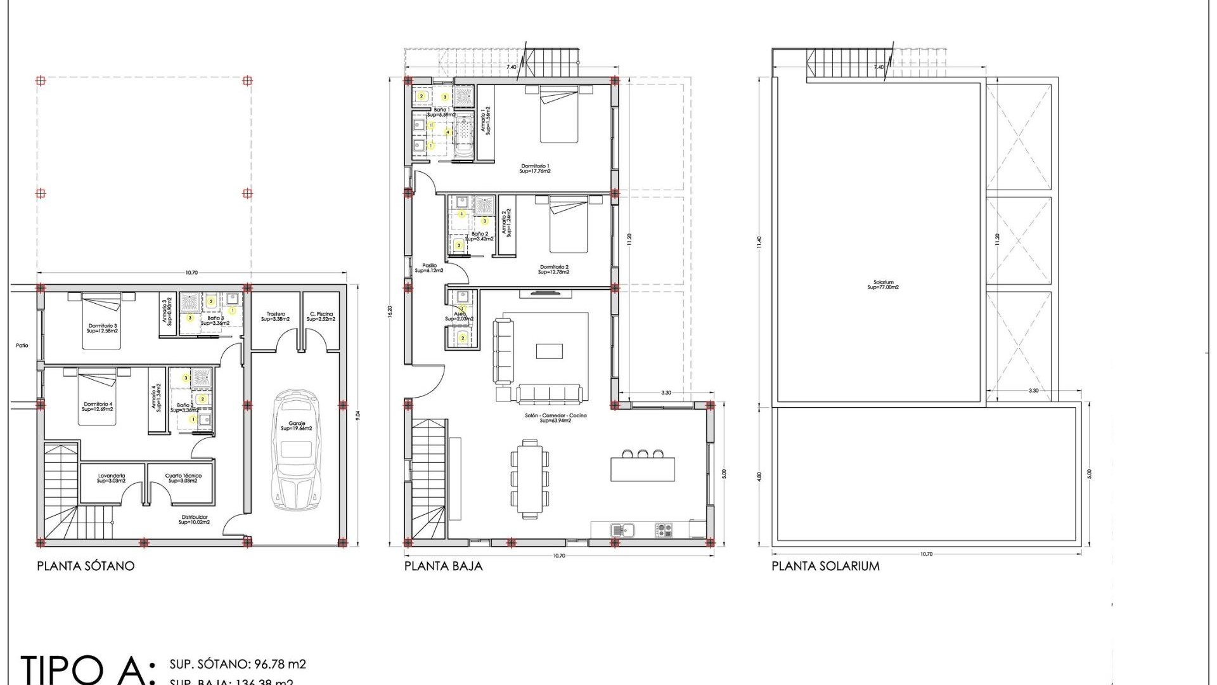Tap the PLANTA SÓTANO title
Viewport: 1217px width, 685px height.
pyautogui.click(x=86, y=566)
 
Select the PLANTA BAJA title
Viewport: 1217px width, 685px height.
pyautogui.click(x=443, y=566)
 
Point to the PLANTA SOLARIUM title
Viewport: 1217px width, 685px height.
pyautogui.click(x=825, y=566)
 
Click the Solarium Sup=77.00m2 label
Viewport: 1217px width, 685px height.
pyautogui.click(x=883, y=285)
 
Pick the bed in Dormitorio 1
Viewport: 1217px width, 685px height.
pyautogui.click(x=558, y=115)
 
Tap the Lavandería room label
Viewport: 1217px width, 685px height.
pyautogui.click(x=112, y=478)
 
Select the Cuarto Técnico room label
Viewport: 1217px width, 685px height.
pyautogui.click(x=183, y=478)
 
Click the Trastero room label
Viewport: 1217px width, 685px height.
pyautogui.click(x=276, y=316)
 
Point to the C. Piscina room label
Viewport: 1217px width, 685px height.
pyautogui.click(x=321, y=316)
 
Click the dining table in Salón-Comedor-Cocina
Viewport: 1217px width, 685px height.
pyautogui.click(x=530, y=477)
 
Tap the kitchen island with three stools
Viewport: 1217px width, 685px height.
pyautogui.click(x=643, y=468)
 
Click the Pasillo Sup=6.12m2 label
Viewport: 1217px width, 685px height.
pyautogui.click(x=429, y=268)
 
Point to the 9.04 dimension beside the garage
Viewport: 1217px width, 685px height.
pyautogui.click(x=358, y=415)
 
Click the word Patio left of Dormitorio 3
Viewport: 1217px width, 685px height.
pyautogui.click(x=22, y=346)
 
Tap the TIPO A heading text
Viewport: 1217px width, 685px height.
pyautogui.click(x=86, y=669)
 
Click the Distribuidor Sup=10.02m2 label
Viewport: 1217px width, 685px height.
pyautogui.click(x=194, y=519)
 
